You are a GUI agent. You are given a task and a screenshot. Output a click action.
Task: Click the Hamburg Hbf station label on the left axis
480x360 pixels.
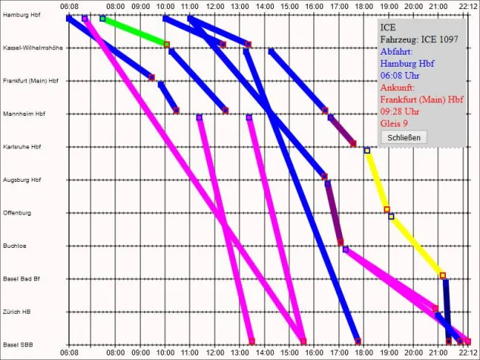(23, 15)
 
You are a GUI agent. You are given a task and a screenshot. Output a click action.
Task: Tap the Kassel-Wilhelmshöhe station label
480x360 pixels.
(33, 48)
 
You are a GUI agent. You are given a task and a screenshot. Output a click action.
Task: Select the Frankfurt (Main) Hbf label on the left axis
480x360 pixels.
(31, 81)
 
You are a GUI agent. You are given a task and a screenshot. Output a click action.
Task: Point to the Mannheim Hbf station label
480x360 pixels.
(25, 114)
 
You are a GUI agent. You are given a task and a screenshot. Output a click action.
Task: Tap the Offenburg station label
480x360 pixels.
(17, 213)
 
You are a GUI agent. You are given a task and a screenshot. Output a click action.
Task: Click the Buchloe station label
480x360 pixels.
(15, 246)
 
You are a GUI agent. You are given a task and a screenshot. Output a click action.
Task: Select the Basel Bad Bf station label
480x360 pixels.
(22, 279)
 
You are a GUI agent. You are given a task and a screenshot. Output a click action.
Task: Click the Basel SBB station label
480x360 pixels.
(19, 345)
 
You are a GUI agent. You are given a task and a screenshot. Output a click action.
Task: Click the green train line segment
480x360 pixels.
(134, 31)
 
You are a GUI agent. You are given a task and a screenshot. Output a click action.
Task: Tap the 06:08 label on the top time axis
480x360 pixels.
(68, 5)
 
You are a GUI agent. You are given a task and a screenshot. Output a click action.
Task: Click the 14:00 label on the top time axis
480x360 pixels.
(265, 5)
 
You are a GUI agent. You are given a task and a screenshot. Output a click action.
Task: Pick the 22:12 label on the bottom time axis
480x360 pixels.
(467, 353)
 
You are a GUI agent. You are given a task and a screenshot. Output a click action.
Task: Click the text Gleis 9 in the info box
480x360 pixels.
(394, 123)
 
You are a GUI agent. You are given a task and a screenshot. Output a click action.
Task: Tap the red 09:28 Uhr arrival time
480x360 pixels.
(399, 111)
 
